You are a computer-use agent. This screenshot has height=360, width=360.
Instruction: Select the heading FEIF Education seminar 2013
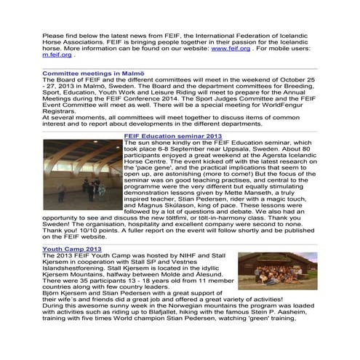click(x=173, y=136)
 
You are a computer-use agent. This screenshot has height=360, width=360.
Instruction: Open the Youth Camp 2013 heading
click(x=72, y=249)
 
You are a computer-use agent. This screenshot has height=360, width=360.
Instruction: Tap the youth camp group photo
click(x=277, y=271)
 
